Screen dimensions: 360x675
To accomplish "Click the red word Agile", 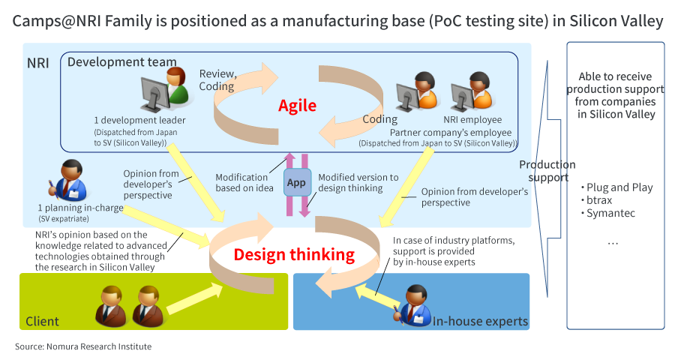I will pyautogui.click(x=297, y=105).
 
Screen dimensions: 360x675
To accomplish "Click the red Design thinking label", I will pyautogui.click(x=294, y=254).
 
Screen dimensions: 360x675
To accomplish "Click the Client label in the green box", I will pyautogui.click(x=42, y=321).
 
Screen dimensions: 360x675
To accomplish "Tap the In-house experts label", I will pyautogui.click(x=480, y=321).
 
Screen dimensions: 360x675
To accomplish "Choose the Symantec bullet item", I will pyautogui.click(x=608, y=213).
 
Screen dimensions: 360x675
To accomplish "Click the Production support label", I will pyautogui.click(x=547, y=170).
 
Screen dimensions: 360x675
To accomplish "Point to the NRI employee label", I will pyautogui.click(x=473, y=119).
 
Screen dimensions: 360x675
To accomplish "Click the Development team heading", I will pyautogui.click(x=122, y=62).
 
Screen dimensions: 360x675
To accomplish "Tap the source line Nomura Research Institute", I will pyautogui.click(x=83, y=346).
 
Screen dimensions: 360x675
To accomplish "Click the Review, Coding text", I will pyautogui.click(x=217, y=79).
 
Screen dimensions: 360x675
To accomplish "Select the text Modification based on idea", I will pyautogui.click(x=244, y=182).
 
